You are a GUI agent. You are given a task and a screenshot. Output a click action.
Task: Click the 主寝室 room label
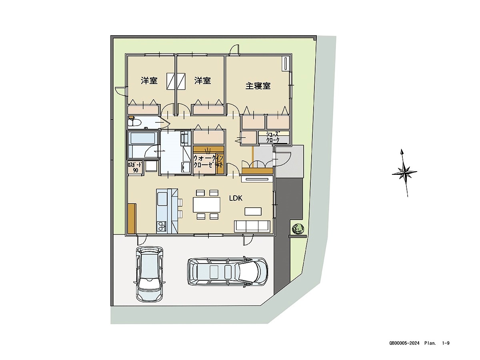[258, 86]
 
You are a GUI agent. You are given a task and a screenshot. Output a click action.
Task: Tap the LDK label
[236, 198]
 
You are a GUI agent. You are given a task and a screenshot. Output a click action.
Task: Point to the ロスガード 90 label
[134, 167]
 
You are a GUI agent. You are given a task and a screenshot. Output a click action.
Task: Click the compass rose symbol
[404, 173]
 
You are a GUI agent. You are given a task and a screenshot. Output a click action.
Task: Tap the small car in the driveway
[150, 273]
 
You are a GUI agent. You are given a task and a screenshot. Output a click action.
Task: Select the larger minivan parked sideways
[227, 272]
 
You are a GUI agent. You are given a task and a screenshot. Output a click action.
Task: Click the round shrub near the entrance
[297, 229]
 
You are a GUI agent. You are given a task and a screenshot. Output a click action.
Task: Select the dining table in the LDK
[206, 205]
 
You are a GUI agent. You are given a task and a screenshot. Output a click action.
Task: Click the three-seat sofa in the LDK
[252, 226]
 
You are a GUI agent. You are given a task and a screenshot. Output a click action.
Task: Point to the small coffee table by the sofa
[253, 211]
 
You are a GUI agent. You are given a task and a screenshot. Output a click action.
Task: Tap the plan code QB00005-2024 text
[404, 343]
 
